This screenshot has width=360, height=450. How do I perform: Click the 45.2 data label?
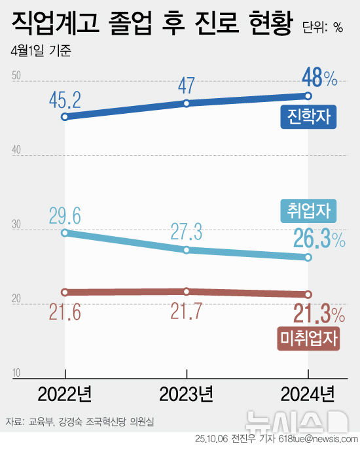coord(64,100)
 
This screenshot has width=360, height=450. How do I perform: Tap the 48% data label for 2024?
coord(319,79)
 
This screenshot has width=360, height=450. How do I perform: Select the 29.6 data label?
coord(64,215)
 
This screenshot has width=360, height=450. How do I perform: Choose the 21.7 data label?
coord(187,311)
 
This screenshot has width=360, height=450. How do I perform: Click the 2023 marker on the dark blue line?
coord(187,103)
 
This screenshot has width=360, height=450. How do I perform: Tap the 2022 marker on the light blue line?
coord(64,232)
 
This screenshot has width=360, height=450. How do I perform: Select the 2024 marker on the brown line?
coord(308,294)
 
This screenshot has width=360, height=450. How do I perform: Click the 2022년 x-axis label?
coord(64,394)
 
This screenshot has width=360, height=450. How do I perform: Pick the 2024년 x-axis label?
coord(308,394)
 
